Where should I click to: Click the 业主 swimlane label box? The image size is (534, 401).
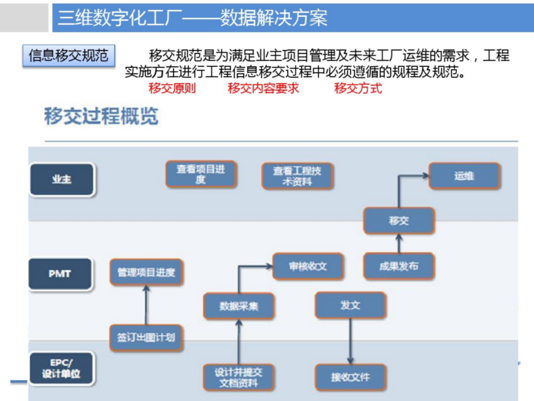point(62,179)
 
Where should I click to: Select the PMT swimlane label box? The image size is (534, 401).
point(60,273)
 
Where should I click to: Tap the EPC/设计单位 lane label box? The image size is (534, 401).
point(61,369)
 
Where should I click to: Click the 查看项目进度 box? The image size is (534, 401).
point(200,174)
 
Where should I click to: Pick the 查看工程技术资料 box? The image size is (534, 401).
point(297,176)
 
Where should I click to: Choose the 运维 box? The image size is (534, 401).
point(464,176)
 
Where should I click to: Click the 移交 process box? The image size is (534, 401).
point(399,221)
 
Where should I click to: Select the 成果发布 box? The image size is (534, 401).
point(399,266)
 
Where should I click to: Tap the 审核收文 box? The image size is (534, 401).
point(308,266)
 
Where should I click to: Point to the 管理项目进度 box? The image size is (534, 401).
point(146,272)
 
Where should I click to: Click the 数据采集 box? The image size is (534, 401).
point(239,306)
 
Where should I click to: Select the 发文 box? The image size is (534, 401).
point(350,305)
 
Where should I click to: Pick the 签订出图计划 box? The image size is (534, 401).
point(146,338)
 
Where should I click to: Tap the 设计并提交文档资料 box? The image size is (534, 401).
point(239,377)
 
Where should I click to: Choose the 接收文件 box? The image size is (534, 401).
point(350,377)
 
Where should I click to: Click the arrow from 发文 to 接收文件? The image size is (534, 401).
point(350,342)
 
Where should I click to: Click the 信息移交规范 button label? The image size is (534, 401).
point(68,55)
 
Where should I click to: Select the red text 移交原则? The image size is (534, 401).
point(172,89)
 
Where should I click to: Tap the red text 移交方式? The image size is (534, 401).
point(358,89)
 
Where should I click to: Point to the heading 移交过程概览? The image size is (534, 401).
point(101,117)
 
